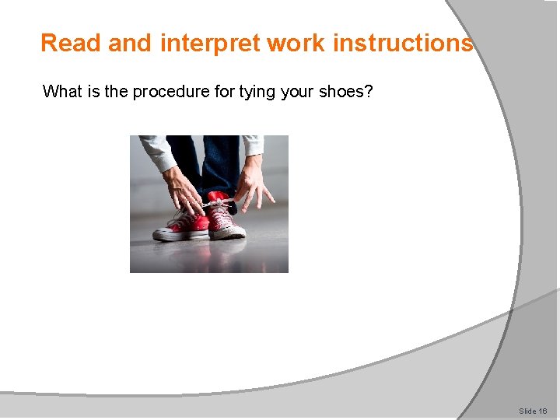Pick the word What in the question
[61, 92]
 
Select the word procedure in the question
[167, 92]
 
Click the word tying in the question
[257, 92]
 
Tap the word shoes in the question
[342, 92]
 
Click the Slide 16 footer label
[533, 411]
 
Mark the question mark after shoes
[369, 92]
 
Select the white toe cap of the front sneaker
[165, 231]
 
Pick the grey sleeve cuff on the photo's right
[253, 145]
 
